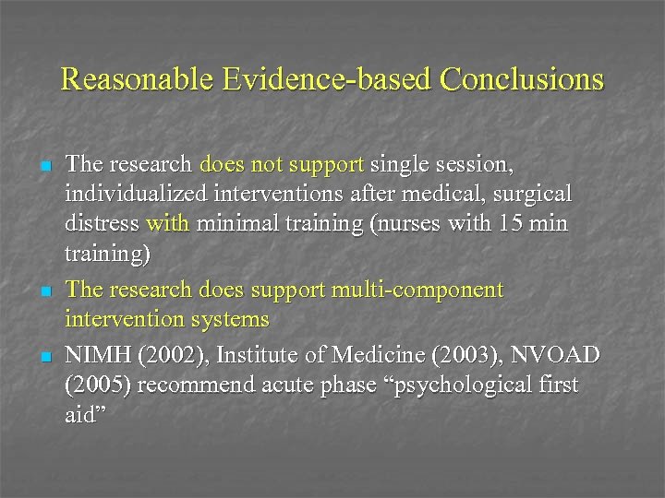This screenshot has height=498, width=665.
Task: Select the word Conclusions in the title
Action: [522, 79]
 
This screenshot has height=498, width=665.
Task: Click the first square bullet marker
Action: [43, 167]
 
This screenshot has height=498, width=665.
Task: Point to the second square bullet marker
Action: [43, 292]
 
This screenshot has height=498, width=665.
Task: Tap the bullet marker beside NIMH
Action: [43, 355]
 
